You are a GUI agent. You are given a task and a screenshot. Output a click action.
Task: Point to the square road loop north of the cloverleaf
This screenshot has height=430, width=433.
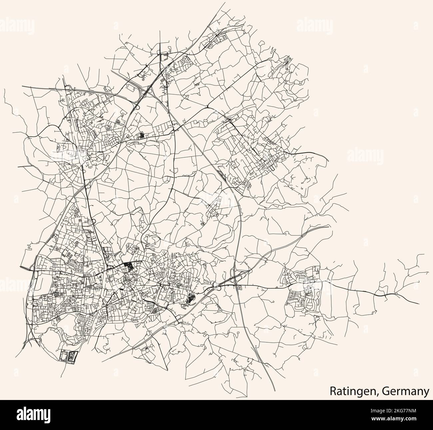tap(164, 57)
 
